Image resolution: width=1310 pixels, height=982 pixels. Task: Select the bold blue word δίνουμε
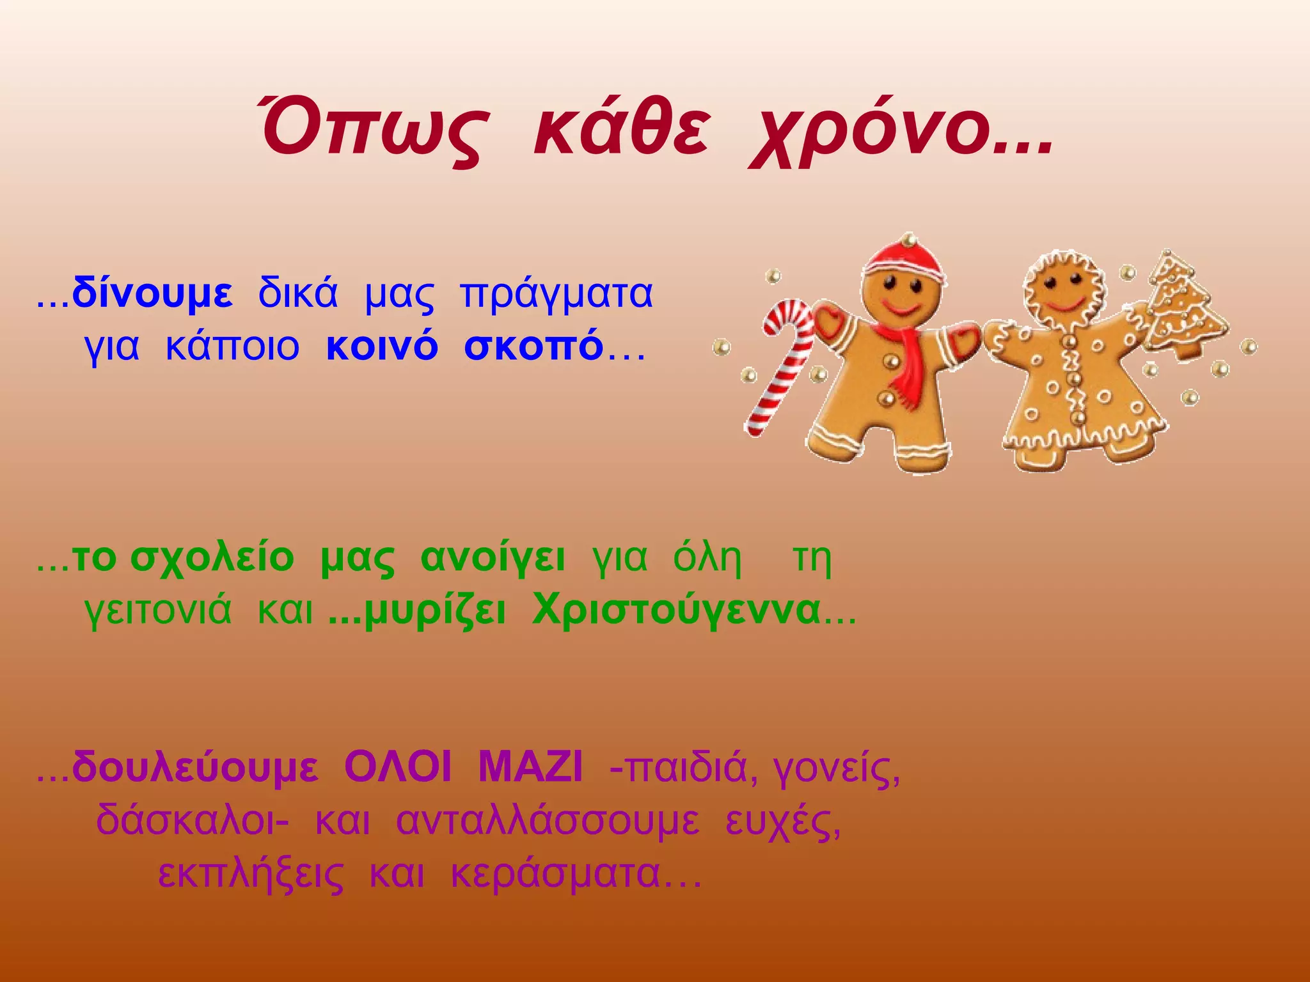point(152,293)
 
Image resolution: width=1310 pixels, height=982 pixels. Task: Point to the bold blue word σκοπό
point(533,347)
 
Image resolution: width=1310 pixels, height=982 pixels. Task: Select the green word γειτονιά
point(157,611)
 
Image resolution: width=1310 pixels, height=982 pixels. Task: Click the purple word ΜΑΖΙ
point(530,767)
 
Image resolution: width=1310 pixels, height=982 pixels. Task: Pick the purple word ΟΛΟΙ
point(397,767)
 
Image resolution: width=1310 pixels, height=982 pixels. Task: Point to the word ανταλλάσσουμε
point(548,821)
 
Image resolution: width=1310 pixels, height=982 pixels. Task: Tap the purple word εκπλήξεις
point(250,875)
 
